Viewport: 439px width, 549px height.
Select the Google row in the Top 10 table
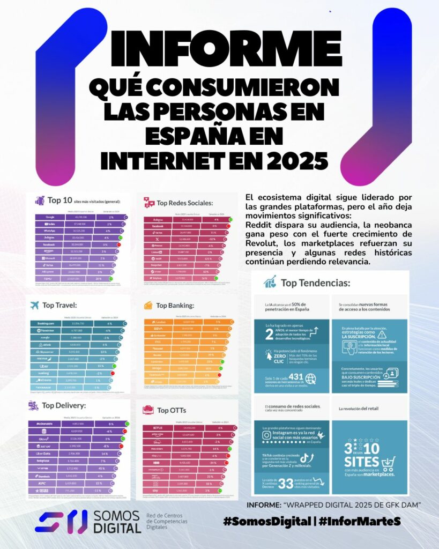click(51, 217)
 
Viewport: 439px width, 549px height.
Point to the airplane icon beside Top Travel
click(35, 306)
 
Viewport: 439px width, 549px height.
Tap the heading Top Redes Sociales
click(185, 203)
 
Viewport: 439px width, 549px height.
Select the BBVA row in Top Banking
click(159, 329)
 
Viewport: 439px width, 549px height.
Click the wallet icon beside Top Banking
click(148, 306)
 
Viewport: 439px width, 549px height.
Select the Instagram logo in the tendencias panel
click(267, 436)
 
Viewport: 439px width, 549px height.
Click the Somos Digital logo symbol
click(61, 521)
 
